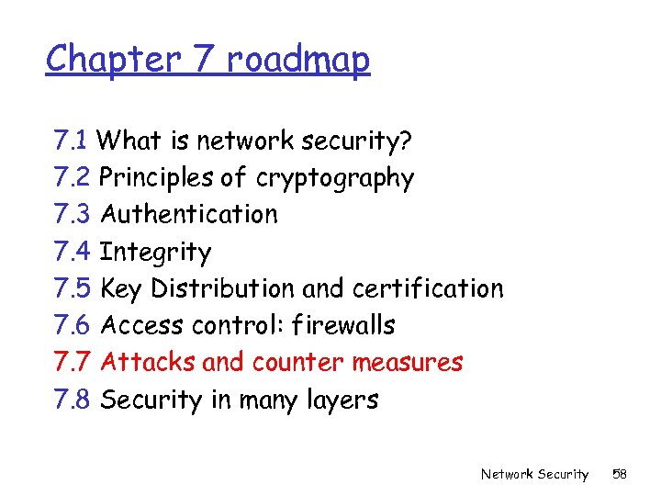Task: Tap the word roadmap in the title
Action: click(297, 60)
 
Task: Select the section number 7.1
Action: click(71, 141)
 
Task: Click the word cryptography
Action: click(335, 178)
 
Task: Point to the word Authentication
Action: click(188, 214)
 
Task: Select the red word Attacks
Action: click(148, 362)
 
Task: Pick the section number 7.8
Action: click(72, 400)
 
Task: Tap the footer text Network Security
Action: click(534, 474)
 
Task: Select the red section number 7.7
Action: click(72, 362)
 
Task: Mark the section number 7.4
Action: click(72, 252)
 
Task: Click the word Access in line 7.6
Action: click(142, 325)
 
